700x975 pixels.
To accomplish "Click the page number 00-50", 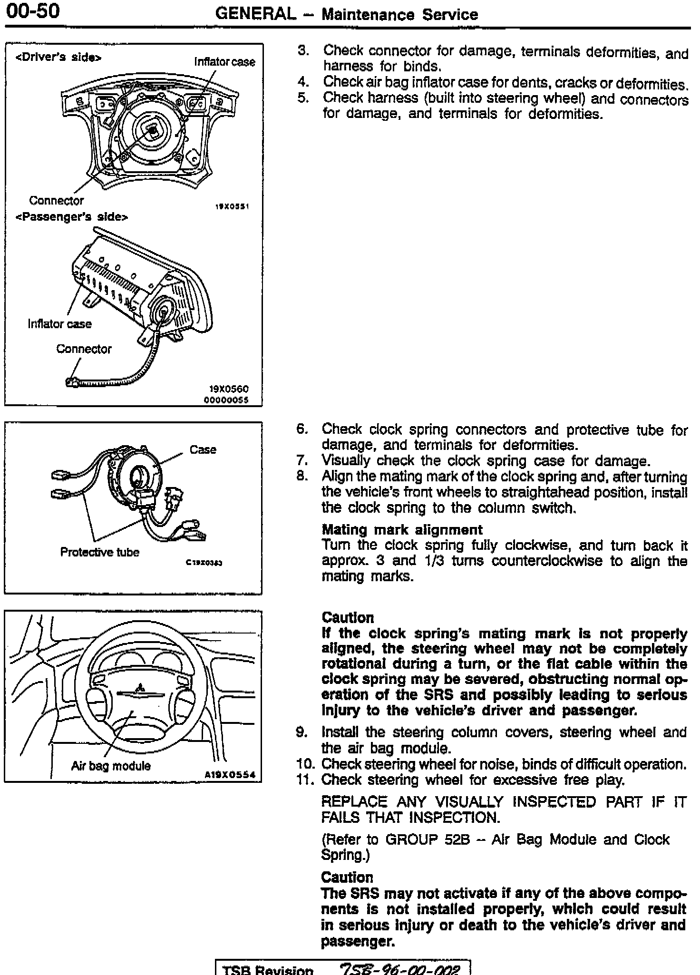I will pos(33,10).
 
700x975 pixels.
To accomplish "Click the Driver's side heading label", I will pos(58,58).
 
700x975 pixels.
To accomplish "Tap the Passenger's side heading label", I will pos(72,217).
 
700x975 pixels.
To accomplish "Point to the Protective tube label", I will pos(99,552).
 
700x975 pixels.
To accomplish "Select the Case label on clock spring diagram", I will pos(203,449).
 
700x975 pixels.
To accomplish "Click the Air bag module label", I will pos(111,766).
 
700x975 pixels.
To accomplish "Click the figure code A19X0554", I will pos(230,774).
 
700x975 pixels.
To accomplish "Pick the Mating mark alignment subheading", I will pos(402,530).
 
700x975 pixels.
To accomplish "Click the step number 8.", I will pos(302,476).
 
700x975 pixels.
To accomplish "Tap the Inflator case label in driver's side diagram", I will pos(224,62).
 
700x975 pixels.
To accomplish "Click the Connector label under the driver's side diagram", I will pos(56,200).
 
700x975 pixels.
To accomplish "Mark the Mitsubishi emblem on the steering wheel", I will pos(140,688).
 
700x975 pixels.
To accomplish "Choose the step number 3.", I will pos(303,50).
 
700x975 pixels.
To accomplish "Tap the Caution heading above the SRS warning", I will pos(347,877).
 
